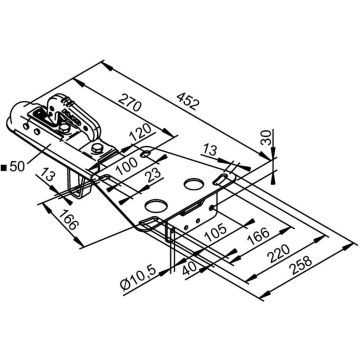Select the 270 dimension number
tap(130, 102)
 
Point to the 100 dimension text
tap(126, 165)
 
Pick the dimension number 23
tap(154, 176)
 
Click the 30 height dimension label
tap(266, 137)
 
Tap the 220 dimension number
tap(279, 254)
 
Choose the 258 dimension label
tap(301, 266)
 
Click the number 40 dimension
tap(191, 268)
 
